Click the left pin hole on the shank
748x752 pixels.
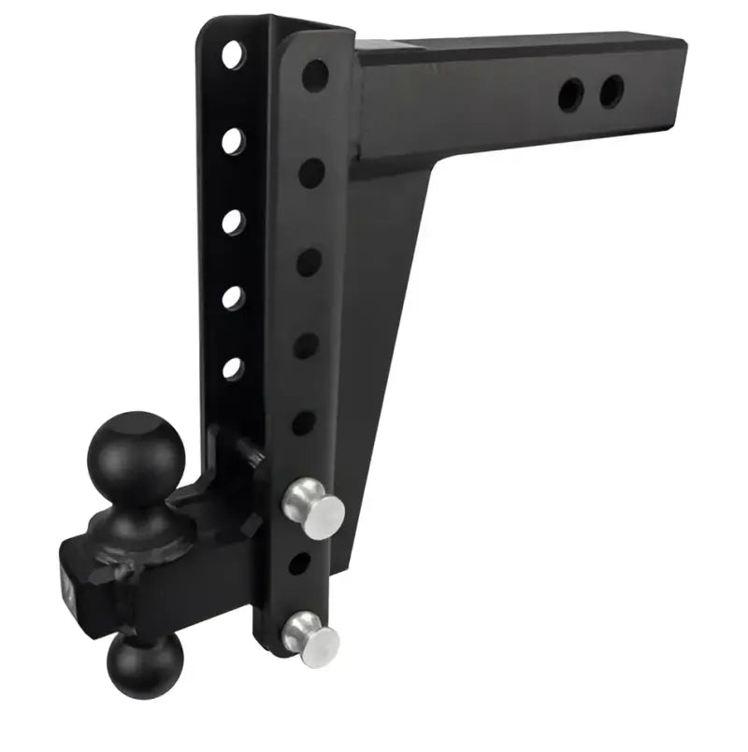[570, 93]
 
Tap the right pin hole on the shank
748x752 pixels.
[611, 91]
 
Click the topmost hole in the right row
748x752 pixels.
[314, 75]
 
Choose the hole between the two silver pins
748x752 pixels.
[298, 563]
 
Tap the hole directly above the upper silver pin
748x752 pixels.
[303, 422]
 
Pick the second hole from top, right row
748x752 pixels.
[311, 172]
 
